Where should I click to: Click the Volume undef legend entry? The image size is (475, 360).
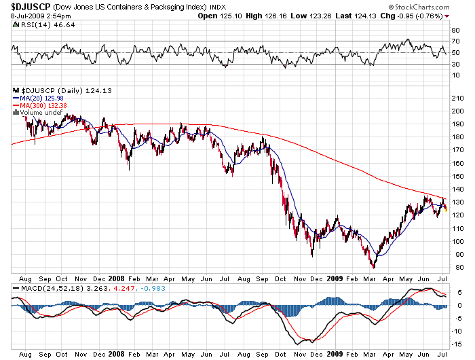(39, 113)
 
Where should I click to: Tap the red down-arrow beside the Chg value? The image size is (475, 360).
(465, 16)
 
